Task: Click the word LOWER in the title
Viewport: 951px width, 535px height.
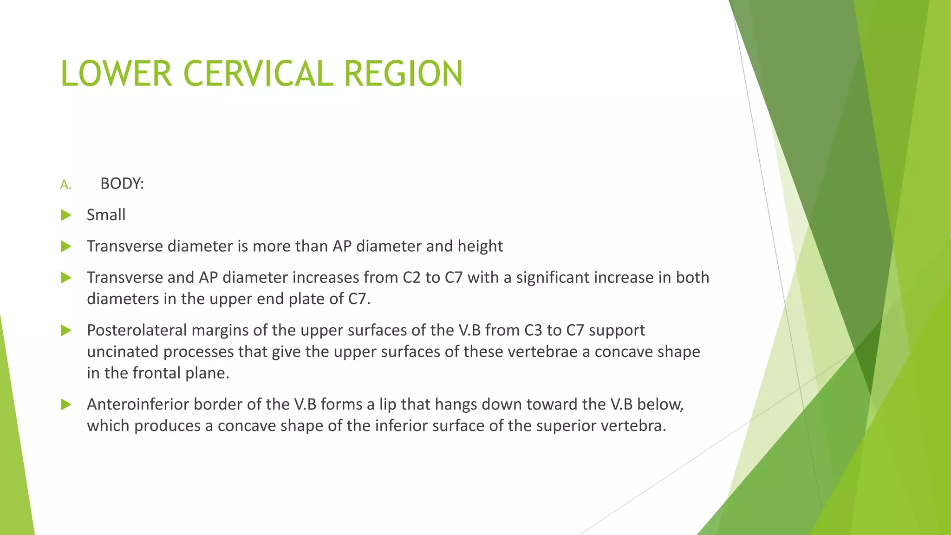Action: [x=116, y=74]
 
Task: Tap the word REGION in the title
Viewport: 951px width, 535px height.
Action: [x=403, y=74]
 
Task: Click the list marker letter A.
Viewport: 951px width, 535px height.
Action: [x=65, y=185]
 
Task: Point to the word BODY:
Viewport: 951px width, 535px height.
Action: [x=122, y=184]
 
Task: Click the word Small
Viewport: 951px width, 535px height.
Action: [x=106, y=215]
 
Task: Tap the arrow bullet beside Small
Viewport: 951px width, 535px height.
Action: [x=66, y=215]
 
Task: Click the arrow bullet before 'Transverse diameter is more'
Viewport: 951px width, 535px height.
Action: [x=66, y=246]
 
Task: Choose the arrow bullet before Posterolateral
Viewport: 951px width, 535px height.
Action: [x=66, y=331]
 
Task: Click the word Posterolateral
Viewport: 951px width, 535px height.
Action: [x=137, y=330]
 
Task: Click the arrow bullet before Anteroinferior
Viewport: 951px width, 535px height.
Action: [x=66, y=405]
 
